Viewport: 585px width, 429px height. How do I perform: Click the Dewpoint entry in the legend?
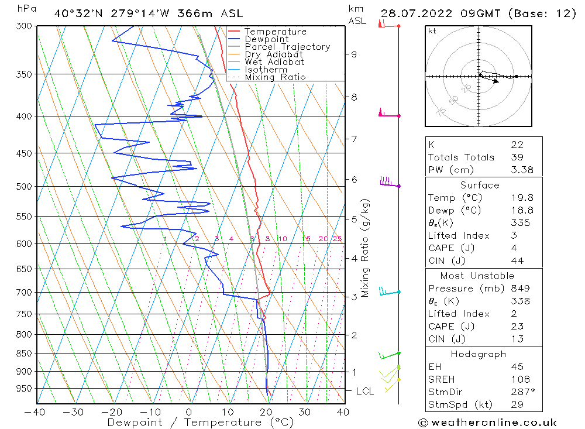pos(267,39)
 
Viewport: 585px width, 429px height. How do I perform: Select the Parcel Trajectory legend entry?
pos(287,47)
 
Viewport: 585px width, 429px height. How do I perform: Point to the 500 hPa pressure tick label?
pos(25,187)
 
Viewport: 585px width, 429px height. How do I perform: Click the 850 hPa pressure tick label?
pos(25,354)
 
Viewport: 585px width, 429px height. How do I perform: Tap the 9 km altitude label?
pos(354,54)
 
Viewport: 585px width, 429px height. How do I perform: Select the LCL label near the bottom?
pos(364,391)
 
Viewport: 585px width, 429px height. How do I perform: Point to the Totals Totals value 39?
pos(517,157)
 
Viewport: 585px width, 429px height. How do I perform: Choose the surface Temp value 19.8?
pos(522,198)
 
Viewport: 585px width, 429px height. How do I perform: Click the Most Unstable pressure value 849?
pos(520,289)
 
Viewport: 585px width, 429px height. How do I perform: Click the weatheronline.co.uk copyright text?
pos(487,423)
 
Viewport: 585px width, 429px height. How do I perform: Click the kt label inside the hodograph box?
pos(432,31)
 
